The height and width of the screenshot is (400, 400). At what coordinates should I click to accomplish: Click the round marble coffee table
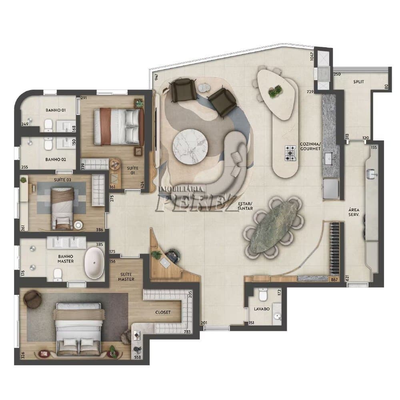coord(190,147)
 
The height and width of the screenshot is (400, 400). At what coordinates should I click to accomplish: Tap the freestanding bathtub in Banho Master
coord(94,263)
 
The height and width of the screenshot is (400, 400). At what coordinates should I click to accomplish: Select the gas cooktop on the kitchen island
coord(290,153)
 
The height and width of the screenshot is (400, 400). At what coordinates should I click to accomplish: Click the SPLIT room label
coord(358,82)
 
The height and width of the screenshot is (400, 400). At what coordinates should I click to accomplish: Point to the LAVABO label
coord(262,309)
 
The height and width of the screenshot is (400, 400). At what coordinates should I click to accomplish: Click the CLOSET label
coord(163,312)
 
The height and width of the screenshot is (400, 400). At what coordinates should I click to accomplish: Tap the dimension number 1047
coord(312,56)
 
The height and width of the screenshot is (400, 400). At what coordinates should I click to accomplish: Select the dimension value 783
coord(187,332)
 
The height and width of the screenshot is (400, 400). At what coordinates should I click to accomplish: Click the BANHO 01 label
coord(56,110)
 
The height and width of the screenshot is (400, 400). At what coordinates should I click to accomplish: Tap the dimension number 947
coord(156,77)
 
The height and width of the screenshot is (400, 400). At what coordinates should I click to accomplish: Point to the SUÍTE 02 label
coord(62,180)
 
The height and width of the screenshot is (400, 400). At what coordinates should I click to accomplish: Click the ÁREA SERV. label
coord(354,212)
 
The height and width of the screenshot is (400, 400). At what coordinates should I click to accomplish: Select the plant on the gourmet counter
coord(275,91)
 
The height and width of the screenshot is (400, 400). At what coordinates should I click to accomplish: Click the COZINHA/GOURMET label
coord(310,146)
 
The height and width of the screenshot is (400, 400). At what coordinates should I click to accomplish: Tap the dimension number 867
coord(334,280)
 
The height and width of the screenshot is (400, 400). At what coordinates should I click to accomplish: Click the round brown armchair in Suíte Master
coord(32,299)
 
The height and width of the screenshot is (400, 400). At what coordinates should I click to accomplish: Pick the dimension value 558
coord(138,357)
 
